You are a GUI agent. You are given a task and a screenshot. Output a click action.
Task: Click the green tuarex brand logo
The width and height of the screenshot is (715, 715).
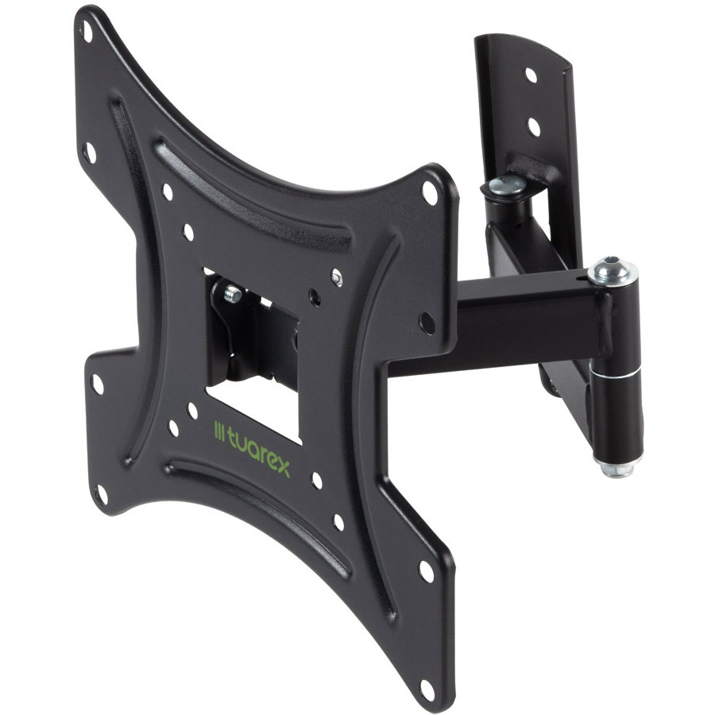click(252, 448)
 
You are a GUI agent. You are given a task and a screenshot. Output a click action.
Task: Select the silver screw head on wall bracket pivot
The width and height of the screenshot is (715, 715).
click(507, 184)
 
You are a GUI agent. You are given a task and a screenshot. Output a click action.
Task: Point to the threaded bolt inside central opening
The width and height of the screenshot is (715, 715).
click(233, 292)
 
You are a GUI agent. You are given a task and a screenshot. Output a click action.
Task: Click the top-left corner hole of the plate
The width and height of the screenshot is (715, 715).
click(87, 30)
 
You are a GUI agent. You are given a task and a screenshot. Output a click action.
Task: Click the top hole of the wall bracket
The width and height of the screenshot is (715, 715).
click(531, 75)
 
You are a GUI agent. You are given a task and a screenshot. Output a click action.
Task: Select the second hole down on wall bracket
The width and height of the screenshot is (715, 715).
click(534, 126)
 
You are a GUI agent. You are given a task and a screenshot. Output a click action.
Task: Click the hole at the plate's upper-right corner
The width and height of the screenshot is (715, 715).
click(430, 192)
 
